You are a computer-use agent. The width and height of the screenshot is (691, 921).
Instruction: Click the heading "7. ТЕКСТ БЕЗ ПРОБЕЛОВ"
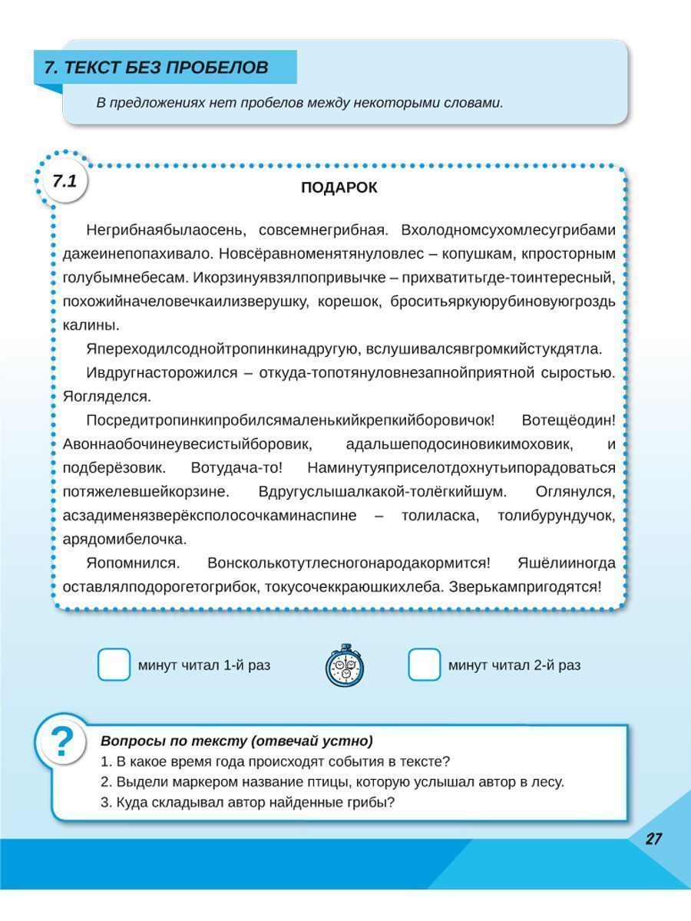click(x=157, y=68)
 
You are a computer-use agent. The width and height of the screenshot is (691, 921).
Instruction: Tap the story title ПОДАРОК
click(x=339, y=188)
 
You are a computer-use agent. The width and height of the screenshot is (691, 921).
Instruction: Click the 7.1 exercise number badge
click(x=64, y=182)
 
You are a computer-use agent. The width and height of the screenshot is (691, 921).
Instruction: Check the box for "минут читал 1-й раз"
click(x=114, y=665)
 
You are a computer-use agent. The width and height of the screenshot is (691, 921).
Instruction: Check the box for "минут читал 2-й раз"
click(x=424, y=665)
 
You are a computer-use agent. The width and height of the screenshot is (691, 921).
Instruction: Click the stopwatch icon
click(x=345, y=665)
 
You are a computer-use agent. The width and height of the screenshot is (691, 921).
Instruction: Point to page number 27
click(x=653, y=839)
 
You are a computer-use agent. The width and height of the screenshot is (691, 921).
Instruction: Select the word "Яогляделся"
click(x=107, y=397)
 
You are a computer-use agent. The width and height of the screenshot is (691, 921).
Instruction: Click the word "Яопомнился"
click(x=133, y=563)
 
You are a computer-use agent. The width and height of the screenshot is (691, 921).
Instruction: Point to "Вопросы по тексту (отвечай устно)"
click(x=236, y=741)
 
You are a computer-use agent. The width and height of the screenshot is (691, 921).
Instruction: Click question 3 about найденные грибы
click(x=247, y=803)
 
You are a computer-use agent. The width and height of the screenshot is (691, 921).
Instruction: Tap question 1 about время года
click(x=275, y=762)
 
